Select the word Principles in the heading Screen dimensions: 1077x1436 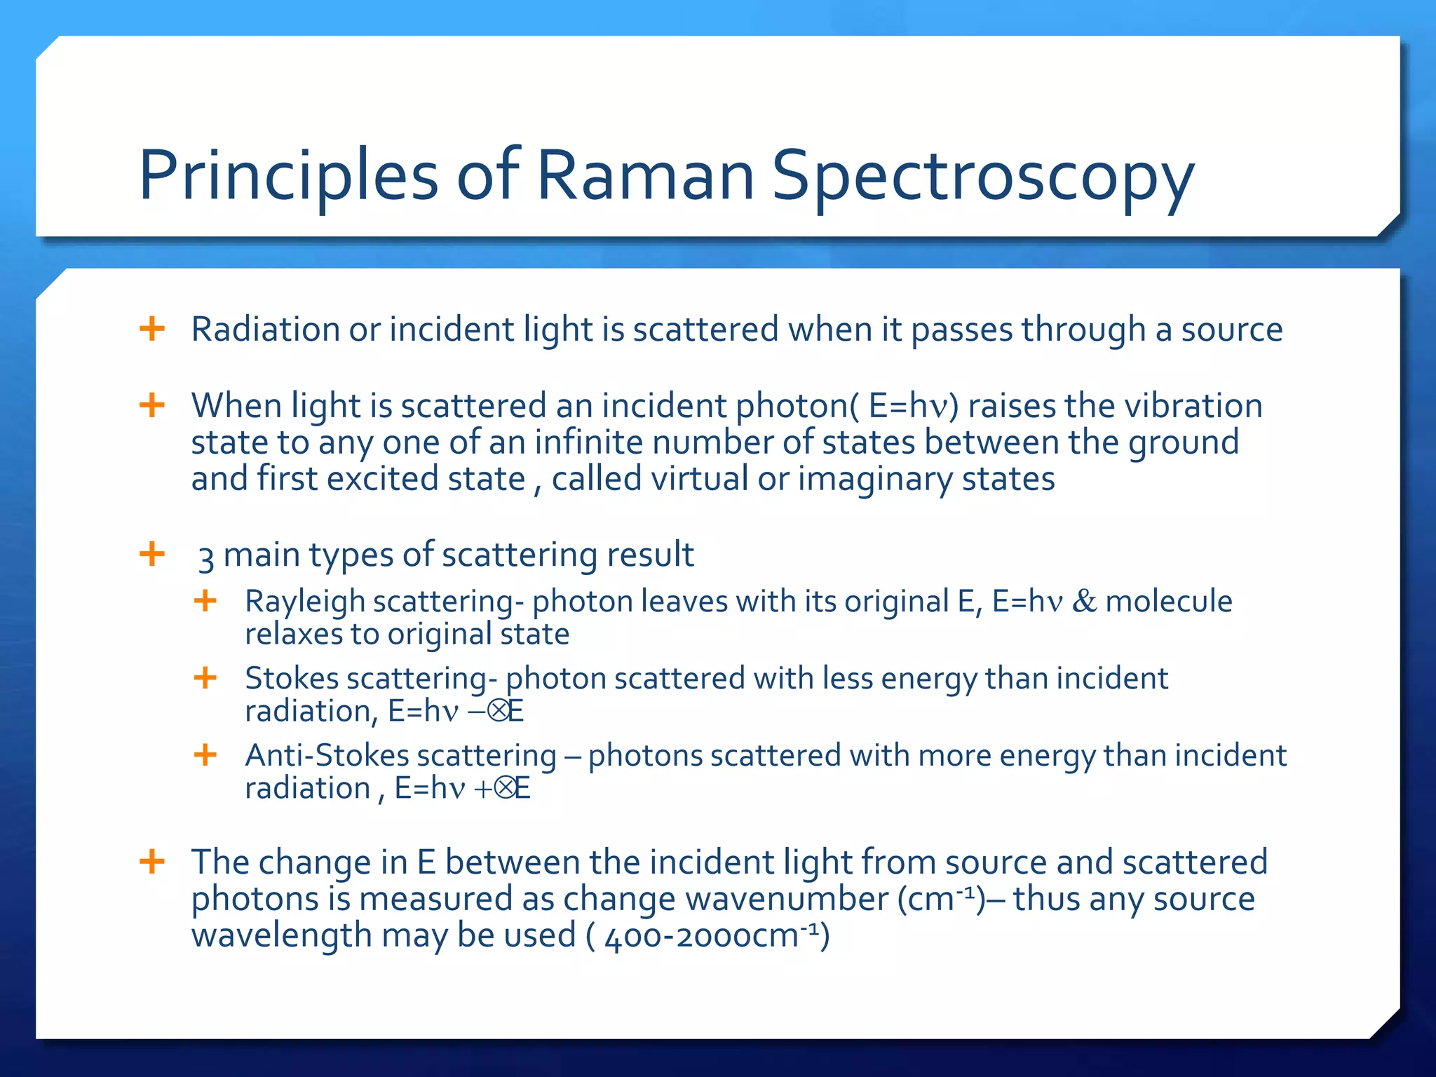coord(288,177)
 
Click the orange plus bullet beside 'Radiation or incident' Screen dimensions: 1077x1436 coord(152,329)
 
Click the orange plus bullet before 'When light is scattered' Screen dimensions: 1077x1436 coord(152,405)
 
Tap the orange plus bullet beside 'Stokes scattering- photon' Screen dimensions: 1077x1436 coord(205,678)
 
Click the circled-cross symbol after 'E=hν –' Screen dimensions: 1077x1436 coord(499,712)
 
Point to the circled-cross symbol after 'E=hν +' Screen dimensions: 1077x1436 coord(505,789)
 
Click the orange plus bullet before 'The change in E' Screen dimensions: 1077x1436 coord(152,862)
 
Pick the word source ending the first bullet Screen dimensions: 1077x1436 coord(1231,330)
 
